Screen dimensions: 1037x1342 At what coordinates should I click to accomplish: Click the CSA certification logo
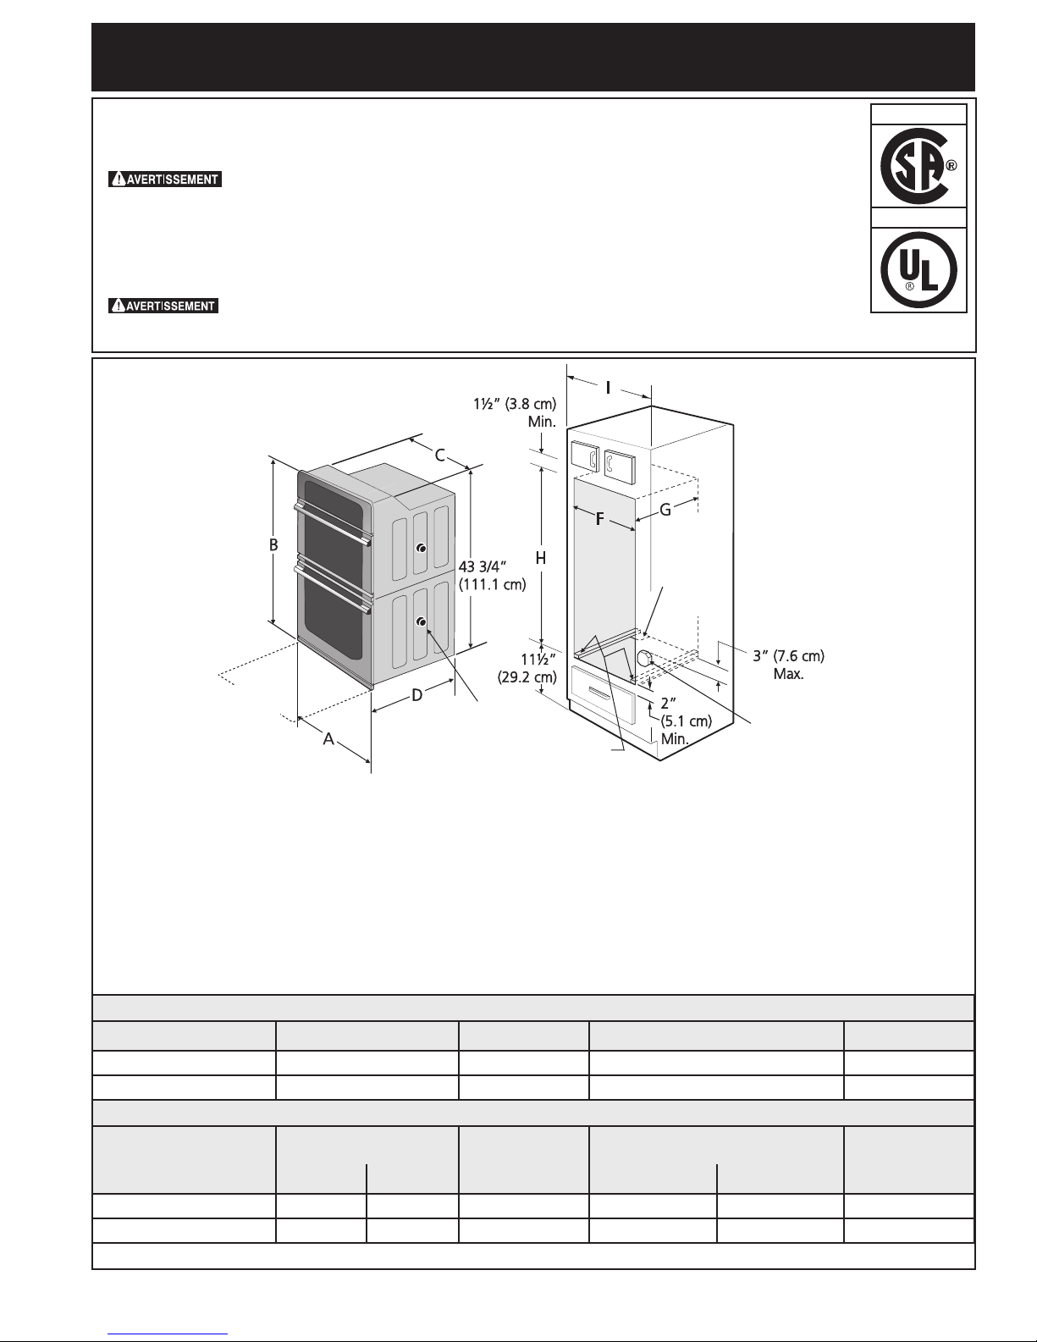tap(918, 165)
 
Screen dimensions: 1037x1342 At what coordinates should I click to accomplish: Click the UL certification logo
tap(918, 270)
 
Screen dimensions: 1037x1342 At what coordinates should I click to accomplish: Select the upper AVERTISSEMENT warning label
tap(165, 179)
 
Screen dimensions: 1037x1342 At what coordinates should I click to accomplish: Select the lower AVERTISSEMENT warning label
tap(163, 306)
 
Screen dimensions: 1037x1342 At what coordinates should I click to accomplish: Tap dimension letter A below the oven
tap(328, 738)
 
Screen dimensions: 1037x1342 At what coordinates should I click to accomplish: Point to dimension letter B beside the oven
tap(273, 544)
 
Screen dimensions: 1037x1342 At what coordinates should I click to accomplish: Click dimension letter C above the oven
tap(439, 456)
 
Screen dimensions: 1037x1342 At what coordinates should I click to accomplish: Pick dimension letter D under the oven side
tap(417, 695)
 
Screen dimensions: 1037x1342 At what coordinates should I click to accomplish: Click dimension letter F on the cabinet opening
tap(599, 520)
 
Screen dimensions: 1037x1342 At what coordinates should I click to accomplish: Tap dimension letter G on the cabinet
tap(665, 510)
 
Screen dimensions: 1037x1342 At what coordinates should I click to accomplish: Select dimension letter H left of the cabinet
tap(541, 558)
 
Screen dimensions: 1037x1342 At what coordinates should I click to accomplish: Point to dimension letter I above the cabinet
tap(608, 388)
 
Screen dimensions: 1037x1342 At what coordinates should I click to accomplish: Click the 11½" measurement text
tap(538, 659)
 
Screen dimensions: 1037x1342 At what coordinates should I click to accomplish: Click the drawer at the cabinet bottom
tap(603, 695)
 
